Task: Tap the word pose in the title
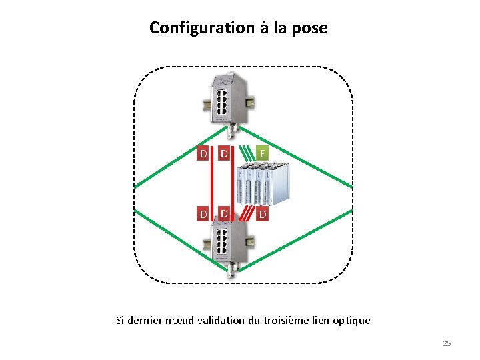click(x=309, y=29)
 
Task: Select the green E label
click(x=263, y=154)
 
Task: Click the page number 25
click(x=447, y=343)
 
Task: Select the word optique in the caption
click(x=352, y=321)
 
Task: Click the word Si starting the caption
click(x=120, y=321)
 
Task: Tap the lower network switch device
click(x=229, y=247)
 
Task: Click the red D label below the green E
click(x=263, y=214)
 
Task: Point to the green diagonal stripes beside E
click(x=246, y=154)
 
